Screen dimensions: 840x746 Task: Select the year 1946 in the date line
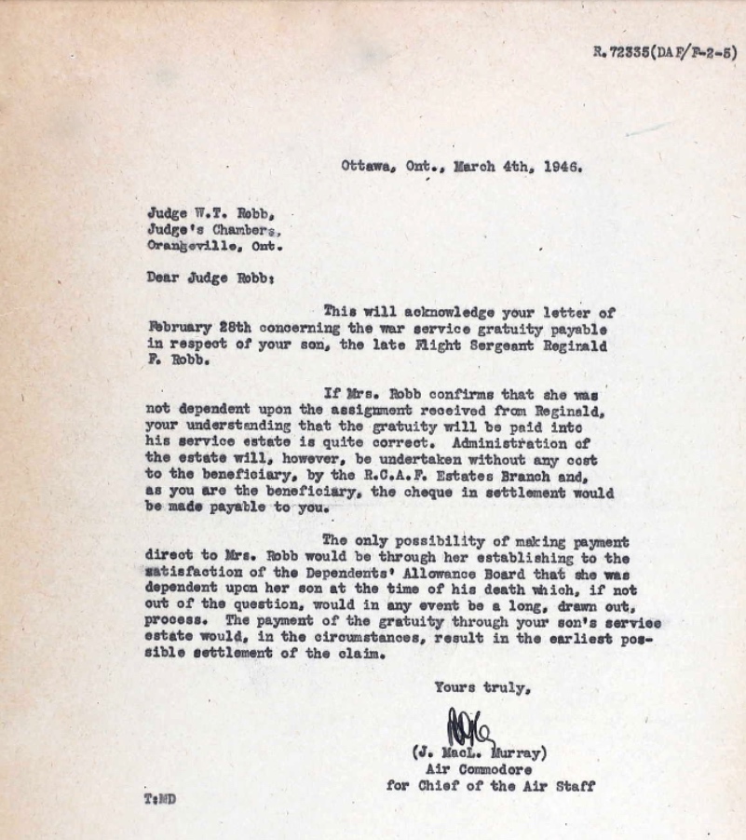click(x=563, y=169)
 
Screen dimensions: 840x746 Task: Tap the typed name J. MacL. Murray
click(x=480, y=753)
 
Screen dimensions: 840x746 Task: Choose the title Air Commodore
click(x=478, y=769)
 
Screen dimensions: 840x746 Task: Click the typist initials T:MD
click(x=159, y=800)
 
